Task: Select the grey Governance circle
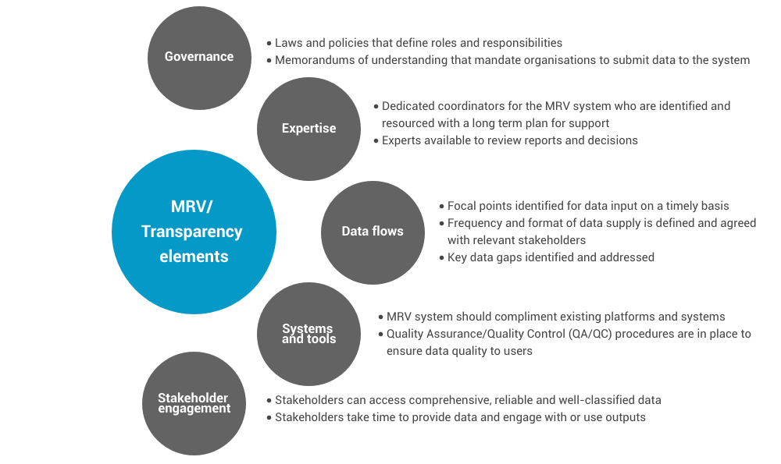coord(199,57)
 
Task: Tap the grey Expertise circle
coord(308,129)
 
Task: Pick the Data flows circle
coord(373,232)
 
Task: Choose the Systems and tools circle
coord(308,334)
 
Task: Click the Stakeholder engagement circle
coord(194,403)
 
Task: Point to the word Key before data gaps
coord(457,257)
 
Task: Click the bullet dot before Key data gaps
coord(441,257)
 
